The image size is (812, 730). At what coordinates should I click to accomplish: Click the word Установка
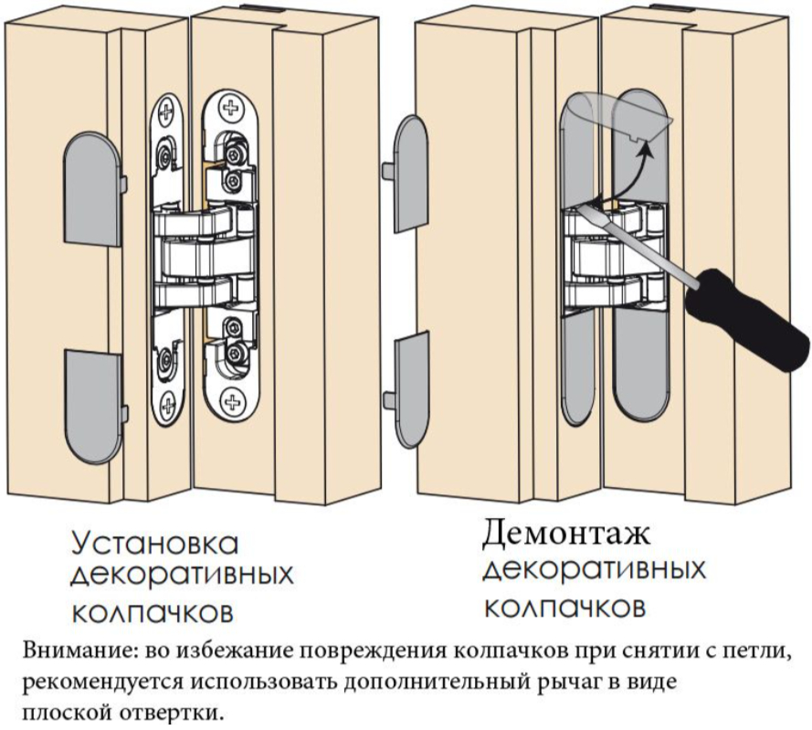pos(154,545)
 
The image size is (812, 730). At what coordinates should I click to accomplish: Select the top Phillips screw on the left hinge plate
pos(166,114)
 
